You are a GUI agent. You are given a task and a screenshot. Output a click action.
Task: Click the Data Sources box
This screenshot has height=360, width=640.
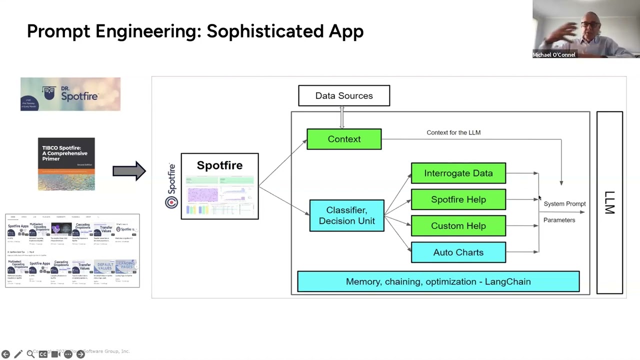point(344,95)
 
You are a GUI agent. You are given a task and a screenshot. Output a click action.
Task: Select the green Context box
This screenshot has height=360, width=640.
point(344,139)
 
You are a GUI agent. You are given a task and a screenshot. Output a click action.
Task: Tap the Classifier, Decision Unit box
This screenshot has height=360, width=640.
point(346,215)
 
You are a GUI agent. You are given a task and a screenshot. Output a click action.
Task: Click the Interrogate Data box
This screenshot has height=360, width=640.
point(458,173)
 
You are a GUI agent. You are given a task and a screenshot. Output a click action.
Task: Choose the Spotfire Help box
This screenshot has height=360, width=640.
point(458,199)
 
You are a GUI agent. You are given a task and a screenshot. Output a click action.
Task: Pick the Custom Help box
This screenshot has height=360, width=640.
point(458,226)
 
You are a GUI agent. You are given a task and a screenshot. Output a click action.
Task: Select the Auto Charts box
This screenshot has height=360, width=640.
point(458,252)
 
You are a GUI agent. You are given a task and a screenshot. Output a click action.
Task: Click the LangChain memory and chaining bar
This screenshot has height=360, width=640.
point(438,281)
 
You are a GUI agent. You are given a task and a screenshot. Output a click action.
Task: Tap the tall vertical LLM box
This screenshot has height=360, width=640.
point(609,202)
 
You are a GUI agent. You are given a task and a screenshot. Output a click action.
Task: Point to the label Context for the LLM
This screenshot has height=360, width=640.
point(453,132)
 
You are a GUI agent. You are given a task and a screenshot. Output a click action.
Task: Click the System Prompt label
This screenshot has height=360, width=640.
point(564,204)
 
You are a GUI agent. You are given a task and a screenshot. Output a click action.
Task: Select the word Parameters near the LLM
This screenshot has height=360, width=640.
point(559,220)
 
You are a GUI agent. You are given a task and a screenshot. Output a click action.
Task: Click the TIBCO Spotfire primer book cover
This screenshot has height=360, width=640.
point(66,164)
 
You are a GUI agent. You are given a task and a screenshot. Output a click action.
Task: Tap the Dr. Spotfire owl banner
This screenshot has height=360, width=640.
point(70,94)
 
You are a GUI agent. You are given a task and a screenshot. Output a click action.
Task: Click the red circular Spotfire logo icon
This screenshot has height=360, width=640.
point(171,202)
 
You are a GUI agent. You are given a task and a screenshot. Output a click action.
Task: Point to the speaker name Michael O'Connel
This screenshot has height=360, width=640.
point(554,55)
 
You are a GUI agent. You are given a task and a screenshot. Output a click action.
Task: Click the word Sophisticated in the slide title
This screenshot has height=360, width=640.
point(265,31)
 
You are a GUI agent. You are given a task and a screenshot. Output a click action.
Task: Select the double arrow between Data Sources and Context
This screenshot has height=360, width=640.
point(342,117)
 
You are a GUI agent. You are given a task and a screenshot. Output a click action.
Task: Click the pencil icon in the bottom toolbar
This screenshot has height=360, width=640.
point(18,354)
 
